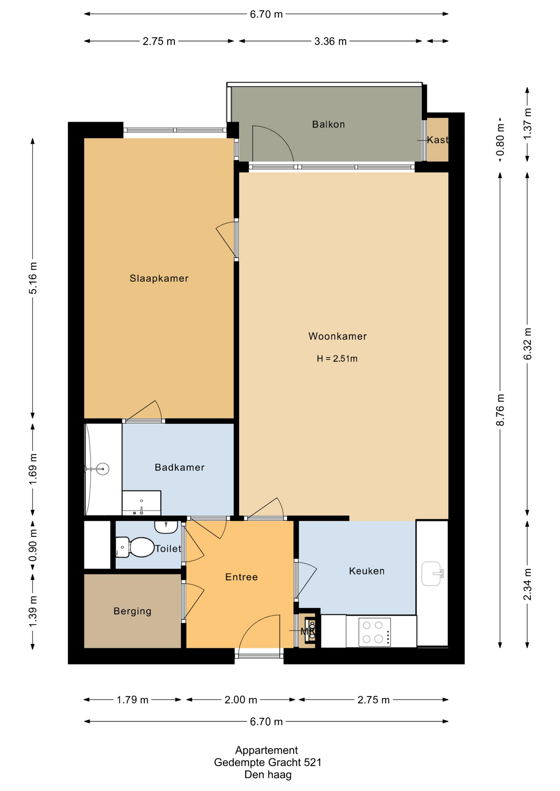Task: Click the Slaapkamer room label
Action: pos(159,278)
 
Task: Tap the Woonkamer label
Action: pos(337,336)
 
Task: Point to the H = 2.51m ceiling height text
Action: pos(337,358)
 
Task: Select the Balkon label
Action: pos(328,124)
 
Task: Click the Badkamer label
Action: pos(179,467)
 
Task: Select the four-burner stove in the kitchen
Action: pos(374,632)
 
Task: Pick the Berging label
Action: pos(132,611)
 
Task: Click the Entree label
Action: pos(241,577)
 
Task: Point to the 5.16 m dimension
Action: pos(33,278)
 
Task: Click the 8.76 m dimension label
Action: pos(500,410)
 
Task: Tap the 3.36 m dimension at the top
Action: pos(330,41)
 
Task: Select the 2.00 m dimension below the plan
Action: pos(241,700)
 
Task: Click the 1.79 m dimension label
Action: pos(132,700)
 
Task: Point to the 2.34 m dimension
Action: pos(527,584)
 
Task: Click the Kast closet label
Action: pos(437,140)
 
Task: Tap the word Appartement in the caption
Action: pos(266,750)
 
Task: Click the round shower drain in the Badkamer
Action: pos(102,469)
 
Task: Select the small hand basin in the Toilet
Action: pos(166,527)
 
